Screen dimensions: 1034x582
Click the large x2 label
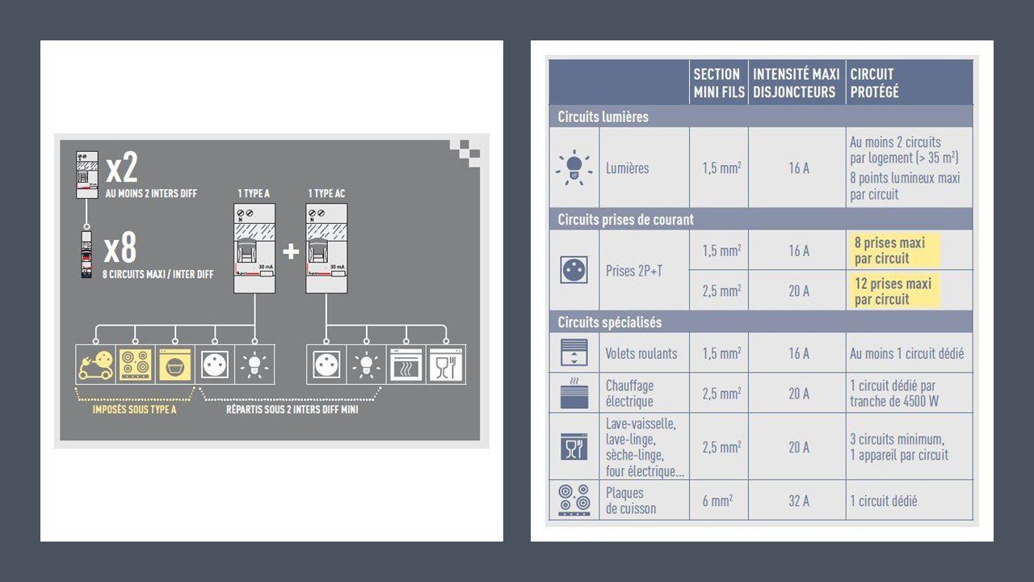click(x=122, y=167)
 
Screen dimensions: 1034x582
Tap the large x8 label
click(x=120, y=248)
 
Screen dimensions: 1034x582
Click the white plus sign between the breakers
click(x=291, y=251)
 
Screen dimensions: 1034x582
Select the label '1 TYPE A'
click(x=254, y=193)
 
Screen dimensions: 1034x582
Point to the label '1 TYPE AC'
click(x=326, y=193)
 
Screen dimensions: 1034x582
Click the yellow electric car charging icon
click(x=95, y=365)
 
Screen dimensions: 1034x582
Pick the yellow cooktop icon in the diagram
click(x=135, y=365)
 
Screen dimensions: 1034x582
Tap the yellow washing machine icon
click(x=175, y=365)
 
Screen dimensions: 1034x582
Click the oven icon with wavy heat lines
click(x=406, y=365)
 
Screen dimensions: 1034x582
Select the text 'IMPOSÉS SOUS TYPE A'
click(x=134, y=410)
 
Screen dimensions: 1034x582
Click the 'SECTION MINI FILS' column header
click(x=719, y=82)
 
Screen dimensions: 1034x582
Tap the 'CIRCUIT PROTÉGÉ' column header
click(x=874, y=82)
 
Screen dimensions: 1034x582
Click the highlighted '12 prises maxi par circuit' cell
click(x=893, y=291)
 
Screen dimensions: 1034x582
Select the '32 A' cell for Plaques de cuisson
click(x=799, y=500)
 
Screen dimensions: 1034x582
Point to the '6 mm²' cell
click(x=717, y=500)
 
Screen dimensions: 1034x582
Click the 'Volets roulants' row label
click(x=641, y=354)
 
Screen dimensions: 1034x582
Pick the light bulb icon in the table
click(x=574, y=167)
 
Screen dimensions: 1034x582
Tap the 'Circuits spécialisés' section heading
click(x=609, y=323)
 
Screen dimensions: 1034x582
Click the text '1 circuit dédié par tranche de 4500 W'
click(x=894, y=394)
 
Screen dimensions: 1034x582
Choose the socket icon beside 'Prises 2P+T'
click(x=574, y=270)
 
